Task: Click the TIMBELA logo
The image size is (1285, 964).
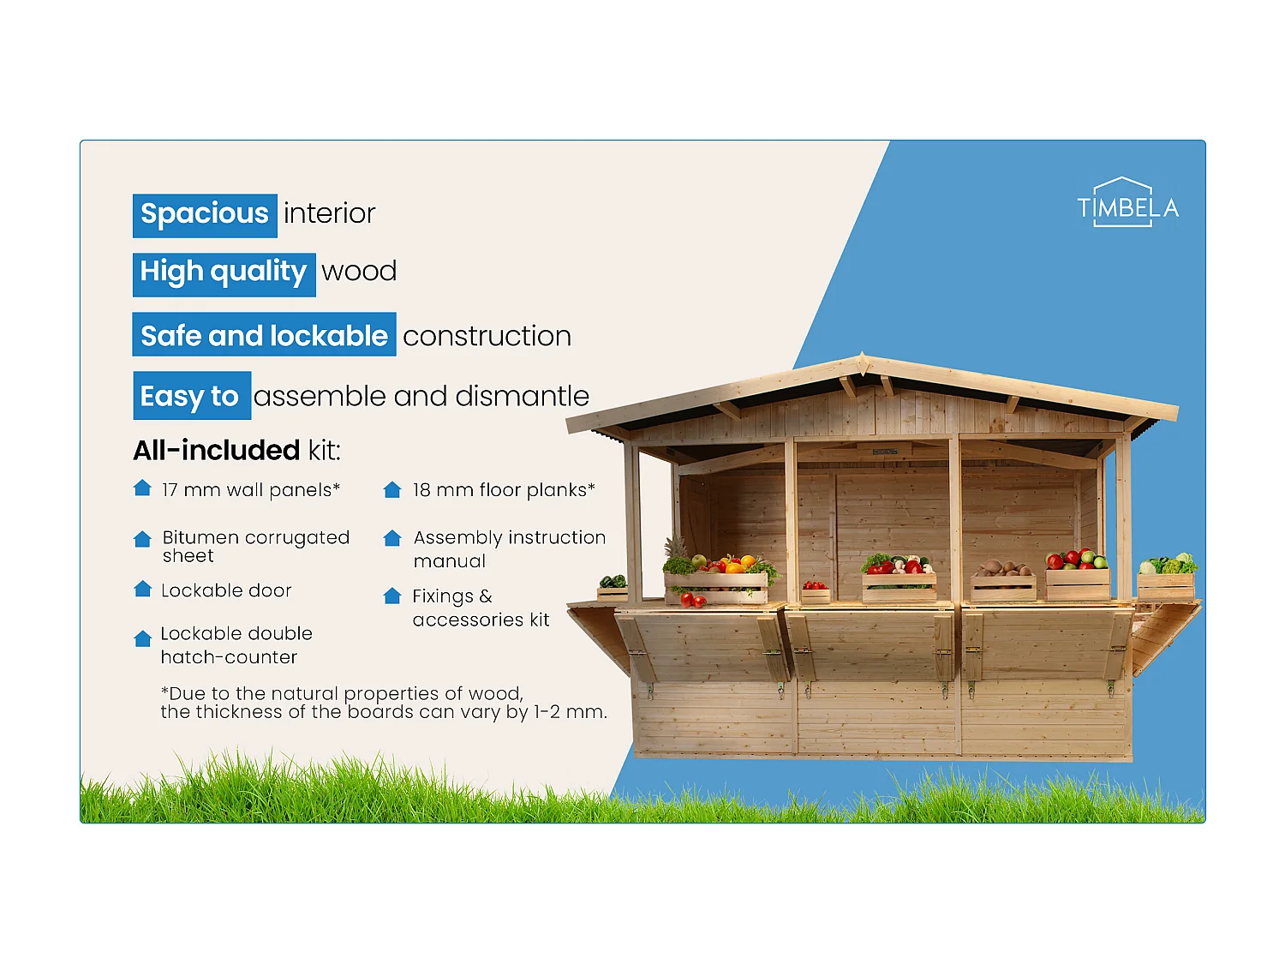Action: (x=1127, y=204)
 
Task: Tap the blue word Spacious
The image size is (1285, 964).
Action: (x=205, y=214)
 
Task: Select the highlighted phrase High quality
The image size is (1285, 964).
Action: (x=224, y=272)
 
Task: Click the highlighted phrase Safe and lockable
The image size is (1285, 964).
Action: (x=264, y=336)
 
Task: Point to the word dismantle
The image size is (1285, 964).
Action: (x=522, y=397)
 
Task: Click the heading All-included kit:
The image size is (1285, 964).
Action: (x=236, y=451)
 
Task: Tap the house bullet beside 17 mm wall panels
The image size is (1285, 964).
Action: (x=142, y=488)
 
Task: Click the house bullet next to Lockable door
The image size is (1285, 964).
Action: (x=142, y=589)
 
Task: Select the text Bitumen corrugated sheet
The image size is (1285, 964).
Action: (x=255, y=547)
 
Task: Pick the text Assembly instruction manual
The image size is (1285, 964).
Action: (x=509, y=549)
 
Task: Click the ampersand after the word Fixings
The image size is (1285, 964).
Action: (x=486, y=596)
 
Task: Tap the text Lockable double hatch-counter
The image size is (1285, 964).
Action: (x=236, y=645)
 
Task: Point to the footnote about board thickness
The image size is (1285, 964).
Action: (x=383, y=703)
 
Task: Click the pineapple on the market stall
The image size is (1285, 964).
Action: (x=677, y=548)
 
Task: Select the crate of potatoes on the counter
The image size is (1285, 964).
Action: (x=1003, y=581)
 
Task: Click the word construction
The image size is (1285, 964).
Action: (x=487, y=337)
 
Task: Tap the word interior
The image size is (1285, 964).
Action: (x=330, y=214)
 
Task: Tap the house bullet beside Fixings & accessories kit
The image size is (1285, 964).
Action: (x=392, y=596)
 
